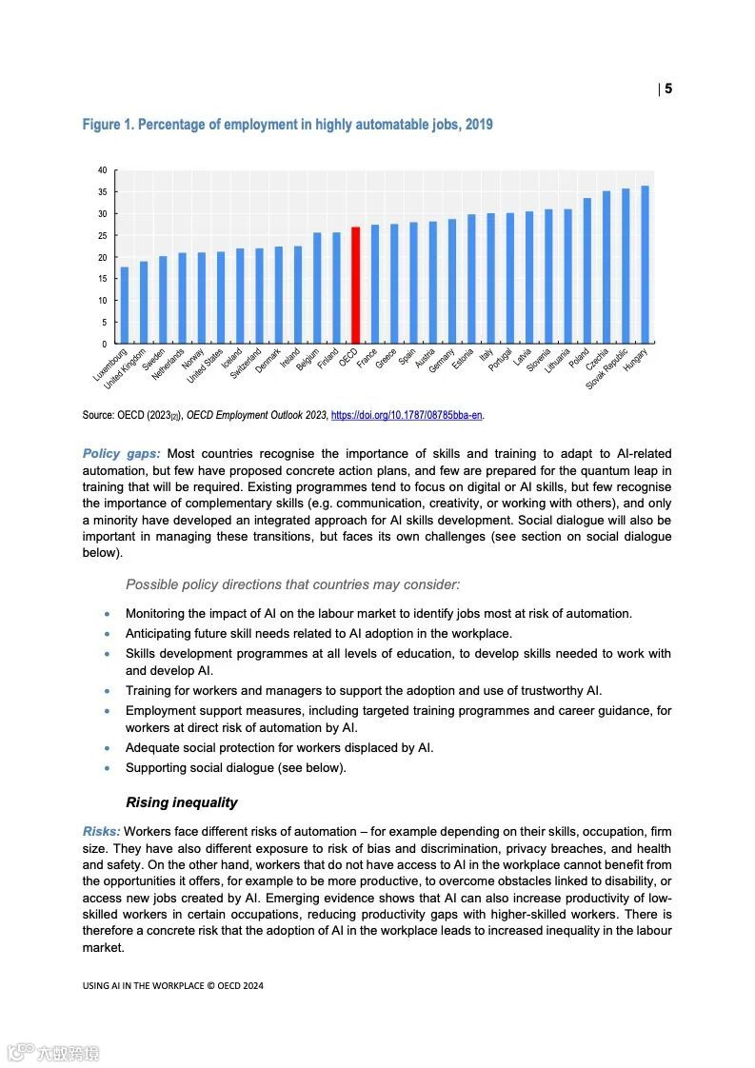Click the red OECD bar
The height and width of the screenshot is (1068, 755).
coord(355,286)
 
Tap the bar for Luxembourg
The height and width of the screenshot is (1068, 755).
coord(125,306)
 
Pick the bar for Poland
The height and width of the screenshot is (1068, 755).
coord(586,271)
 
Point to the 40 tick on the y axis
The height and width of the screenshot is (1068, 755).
coord(102,170)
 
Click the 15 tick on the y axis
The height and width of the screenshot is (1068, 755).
coord(102,279)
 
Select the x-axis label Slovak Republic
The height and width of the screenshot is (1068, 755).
coord(607,367)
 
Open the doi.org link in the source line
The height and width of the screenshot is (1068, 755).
coord(407,415)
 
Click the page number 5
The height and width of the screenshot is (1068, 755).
coord(668,89)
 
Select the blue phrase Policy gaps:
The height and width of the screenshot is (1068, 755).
coord(121,453)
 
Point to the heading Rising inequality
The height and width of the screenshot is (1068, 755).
coord(181,802)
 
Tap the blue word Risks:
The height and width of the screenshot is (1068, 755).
coord(101,831)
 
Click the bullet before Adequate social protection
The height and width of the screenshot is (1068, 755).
coord(108,748)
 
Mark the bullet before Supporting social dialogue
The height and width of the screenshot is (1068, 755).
coord(108,768)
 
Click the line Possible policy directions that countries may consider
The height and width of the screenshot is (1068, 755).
coord(292,584)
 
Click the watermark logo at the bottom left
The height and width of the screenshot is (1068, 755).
coord(53,1053)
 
